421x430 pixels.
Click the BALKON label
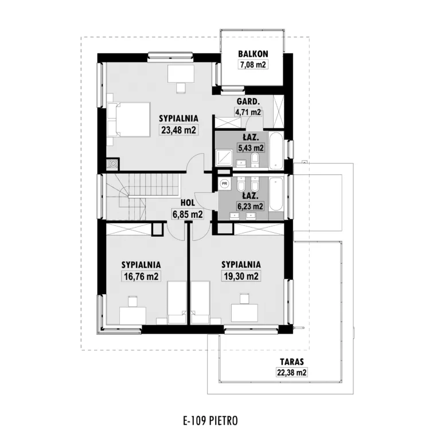pyautogui.click(x=253, y=54)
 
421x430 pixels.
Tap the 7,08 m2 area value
pyautogui.click(x=254, y=65)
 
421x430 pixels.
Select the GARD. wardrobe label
pyautogui.click(x=248, y=101)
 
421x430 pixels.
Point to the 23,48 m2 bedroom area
pyautogui.click(x=179, y=130)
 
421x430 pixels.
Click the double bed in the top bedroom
pyautogui.click(x=129, y=120)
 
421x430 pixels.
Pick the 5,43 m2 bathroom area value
pyautogui.click(x=251, y=148)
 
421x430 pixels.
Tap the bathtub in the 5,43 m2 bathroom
pyautogui.click(x=276, y=151)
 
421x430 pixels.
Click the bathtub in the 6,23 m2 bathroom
pyautogui.click(x=276, y=194)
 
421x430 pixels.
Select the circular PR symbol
pyautogui.click(x=224, y=183)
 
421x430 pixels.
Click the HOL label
pyautogui.click(x=188, y=203)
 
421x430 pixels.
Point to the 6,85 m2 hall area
pyautogui.click(x=188, y=214)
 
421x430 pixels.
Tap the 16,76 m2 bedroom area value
pyautogui.click(x=141, y=276)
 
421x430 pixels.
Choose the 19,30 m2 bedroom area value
pyautogui.click(x=241, y=276)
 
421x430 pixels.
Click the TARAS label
pyautogui.click(x=292, y=362)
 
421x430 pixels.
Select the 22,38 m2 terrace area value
pyautogui.click(x=292, y=373)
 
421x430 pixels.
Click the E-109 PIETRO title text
pyautogui.click(x=210, y=420)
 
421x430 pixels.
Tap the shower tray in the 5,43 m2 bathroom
pyautogui.click(x=224, y=158)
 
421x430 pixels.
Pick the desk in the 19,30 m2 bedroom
pyautogui.click(x=245, y=312)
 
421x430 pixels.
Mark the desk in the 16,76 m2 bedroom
pyautogui.click(x=132, y=316)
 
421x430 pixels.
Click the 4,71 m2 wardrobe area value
pyautogui.click(x=248, y=112)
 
